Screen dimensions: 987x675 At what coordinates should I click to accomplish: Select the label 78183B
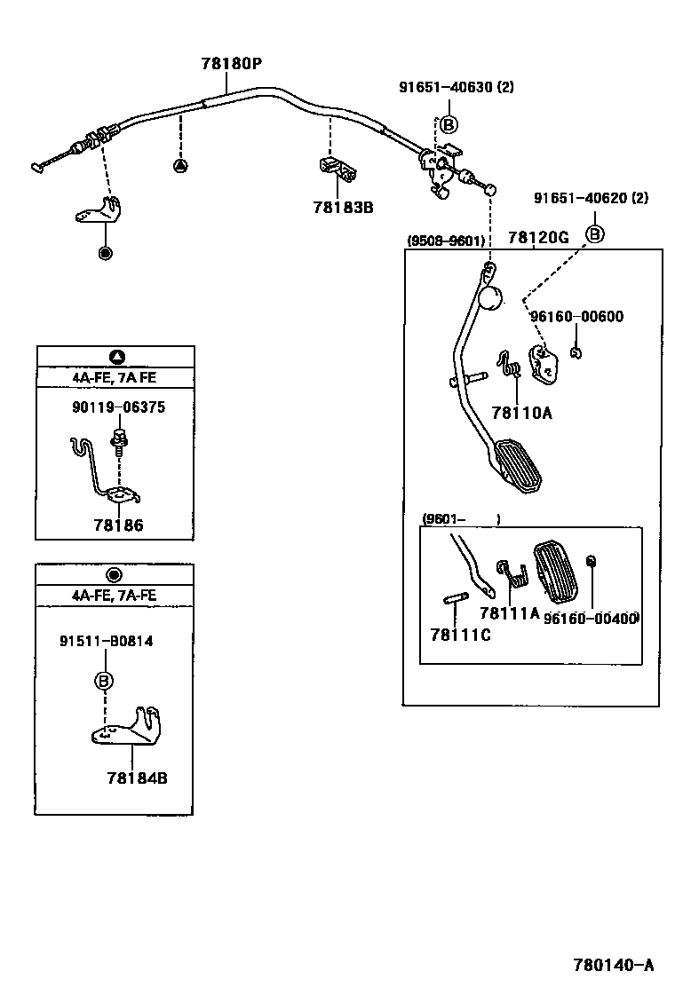(x=343, y=208)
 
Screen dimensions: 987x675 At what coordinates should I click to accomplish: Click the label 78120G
(x=538, y=237)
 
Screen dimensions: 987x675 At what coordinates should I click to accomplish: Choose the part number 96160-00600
(x=576, y=317)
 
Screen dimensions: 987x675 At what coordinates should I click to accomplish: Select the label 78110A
(x=521, y=413)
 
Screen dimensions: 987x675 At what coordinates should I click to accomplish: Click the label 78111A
(x=509, y=612)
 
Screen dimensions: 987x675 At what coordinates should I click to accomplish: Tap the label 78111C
(x=460, y=634)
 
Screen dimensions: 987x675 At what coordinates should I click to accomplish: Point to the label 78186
(x=118, y=525)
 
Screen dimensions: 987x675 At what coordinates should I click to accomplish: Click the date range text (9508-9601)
(x=445, y=241)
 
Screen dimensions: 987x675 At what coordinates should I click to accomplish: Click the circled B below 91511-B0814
(x=104, y=682)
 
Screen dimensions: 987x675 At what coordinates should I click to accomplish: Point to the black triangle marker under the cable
(x=180, y=165)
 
